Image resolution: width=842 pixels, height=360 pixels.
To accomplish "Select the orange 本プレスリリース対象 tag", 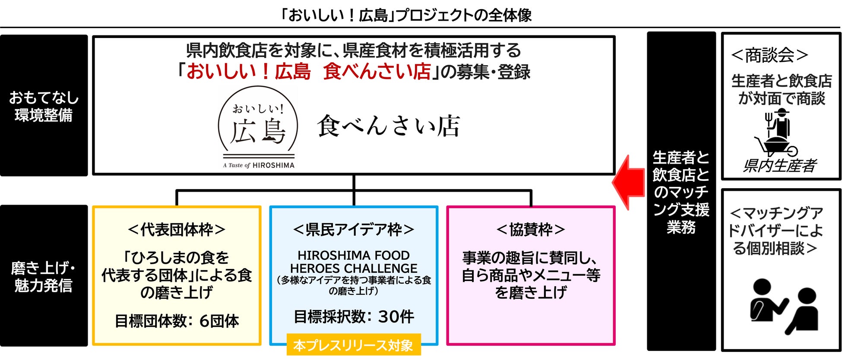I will (x=353, y=345).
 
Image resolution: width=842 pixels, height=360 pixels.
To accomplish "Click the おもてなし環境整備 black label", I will (x=44, y=106).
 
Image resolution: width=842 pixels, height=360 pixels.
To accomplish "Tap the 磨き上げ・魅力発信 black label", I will (x=44, y=276).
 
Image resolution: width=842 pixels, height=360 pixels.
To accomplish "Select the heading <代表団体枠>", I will (x=177, y=230).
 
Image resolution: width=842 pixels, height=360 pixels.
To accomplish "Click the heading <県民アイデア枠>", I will (x=354, y=230).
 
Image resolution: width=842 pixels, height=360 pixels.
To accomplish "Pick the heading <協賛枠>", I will (x=531, y=230).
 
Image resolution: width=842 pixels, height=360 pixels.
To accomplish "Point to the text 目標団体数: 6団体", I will (x=177, y=321).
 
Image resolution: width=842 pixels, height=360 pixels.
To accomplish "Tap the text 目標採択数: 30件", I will (x=354, y=317).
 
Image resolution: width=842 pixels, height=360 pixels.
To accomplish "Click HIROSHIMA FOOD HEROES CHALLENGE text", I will (x=354, y=262).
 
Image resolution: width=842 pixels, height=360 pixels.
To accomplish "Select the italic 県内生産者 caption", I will (x=780, y=166).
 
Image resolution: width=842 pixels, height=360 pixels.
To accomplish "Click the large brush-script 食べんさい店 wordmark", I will (x=389, y=126).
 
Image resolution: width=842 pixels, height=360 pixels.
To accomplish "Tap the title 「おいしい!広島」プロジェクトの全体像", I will (x=405, y=16).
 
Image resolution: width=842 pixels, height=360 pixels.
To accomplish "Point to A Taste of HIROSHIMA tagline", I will (x=259, y=165).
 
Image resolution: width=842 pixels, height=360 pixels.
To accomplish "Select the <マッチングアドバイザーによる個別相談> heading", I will (x=776, y=231).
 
